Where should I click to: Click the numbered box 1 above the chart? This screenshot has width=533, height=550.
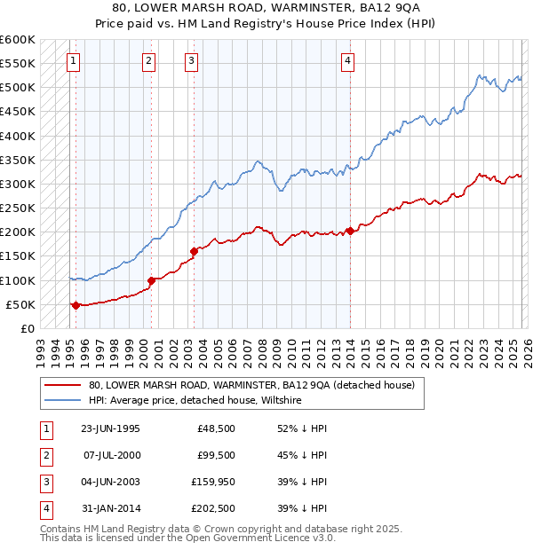pyautogui.click(x=73, y=61)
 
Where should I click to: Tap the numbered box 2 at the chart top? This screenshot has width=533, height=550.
pyautogui.click(x=148, y=61)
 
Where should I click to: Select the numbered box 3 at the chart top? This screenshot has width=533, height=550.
pyautogui.click(x=192, y=61)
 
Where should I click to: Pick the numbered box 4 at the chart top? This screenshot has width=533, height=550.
pyautogui.click(x=348, y=61)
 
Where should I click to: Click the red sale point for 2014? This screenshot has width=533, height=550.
pyautogui.click(x=350, y=231)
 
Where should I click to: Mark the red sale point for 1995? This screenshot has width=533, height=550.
pyautogui.click(x=76, y=305)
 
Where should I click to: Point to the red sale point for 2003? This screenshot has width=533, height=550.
pyautogui.click(x=193, y=251)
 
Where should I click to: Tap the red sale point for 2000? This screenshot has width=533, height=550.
pyautogui.click(x=151, y=280)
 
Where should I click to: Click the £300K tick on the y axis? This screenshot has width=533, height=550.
pyautogui.click(x=17, y=184)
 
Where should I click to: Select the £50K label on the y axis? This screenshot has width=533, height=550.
pyautogui.click(x=20, y=304)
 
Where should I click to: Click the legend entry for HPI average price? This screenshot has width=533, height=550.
pyautogui.click(x=195, y=401)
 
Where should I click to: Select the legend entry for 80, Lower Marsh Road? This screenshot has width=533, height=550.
pyautogui.click(x=239, y=386)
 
